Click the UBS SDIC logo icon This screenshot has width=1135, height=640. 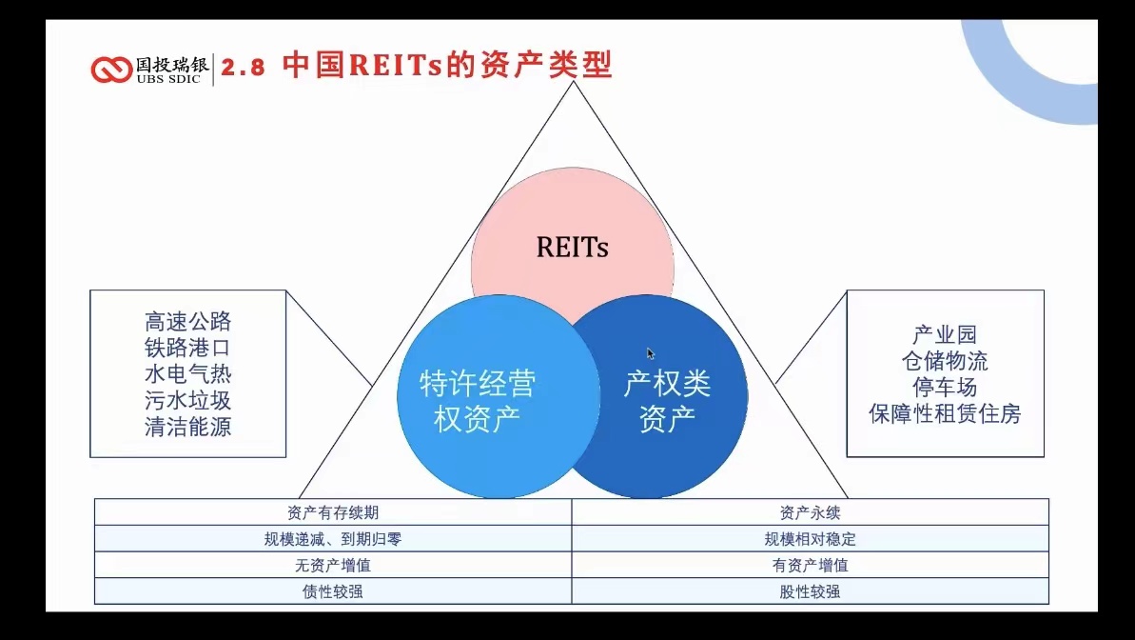[112, 70]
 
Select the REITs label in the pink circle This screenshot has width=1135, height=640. [572, 248]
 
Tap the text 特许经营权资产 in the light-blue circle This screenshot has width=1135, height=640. [478, 401]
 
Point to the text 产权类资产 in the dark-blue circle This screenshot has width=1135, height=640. [667, 401]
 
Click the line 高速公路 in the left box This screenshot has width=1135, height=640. [187, 321]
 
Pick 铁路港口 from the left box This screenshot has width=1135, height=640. [187, 348]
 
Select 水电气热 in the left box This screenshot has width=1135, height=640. [187, 373]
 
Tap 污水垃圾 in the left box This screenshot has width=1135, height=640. [187, 400]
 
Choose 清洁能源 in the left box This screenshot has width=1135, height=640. [187, 426]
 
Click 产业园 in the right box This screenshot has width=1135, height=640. [945, 335]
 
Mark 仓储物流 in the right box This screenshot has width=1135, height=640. [945, 361]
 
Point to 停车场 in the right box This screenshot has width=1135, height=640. [945, 388]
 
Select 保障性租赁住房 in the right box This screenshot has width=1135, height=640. [945, 414]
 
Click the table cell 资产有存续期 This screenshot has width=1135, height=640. [333, 512]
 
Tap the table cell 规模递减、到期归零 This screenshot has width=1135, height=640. [333, 539]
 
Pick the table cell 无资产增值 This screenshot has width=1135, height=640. [333, 565]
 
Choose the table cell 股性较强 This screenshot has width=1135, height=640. [810, 591]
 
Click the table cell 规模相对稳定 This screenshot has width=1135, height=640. [810, 539]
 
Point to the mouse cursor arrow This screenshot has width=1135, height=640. [651, 353]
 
